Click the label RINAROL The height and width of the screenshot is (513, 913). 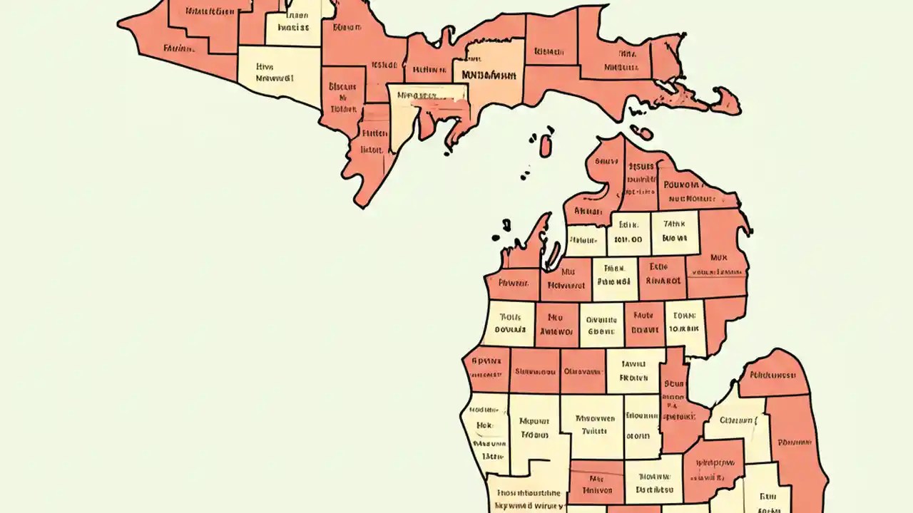663,280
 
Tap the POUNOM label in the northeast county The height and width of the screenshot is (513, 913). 685,184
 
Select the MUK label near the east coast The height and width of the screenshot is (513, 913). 718,258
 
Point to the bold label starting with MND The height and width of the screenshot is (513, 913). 489,74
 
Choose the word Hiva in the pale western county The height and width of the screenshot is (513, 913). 266,66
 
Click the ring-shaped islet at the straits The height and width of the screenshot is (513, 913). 641,133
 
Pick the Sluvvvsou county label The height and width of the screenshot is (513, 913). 535,371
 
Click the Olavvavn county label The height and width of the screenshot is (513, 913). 583,371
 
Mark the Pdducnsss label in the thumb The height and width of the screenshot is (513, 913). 772,374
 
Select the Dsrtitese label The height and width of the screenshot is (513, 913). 654,490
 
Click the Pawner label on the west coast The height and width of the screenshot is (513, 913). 511,283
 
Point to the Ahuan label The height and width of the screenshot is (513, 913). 588,212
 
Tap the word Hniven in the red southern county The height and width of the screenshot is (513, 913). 596,490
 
